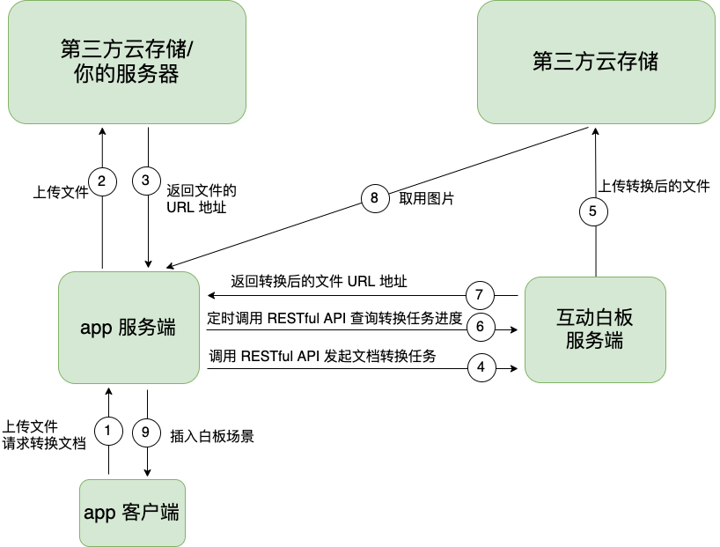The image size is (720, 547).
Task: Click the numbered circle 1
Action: point(107,432)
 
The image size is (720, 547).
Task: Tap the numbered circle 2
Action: point(102,182)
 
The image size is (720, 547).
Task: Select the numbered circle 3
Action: point(146,181)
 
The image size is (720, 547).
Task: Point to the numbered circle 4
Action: point(481,366)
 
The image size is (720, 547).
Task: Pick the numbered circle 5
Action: point(593,211)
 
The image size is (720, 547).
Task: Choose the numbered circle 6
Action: point(480,327)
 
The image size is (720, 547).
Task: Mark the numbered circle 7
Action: point(480,295)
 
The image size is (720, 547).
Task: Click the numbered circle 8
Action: point(374,198)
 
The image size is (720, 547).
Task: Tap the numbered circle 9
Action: point(146,432)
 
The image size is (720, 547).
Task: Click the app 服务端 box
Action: point(129,328)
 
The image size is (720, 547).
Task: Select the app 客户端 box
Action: point(132,513)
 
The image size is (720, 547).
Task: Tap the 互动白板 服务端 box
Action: point(595,329)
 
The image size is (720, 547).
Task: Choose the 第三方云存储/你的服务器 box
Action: point(127,62)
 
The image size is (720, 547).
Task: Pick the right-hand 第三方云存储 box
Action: point(596,62)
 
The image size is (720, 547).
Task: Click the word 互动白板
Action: point(595,318)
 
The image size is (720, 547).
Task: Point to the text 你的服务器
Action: point(127,75)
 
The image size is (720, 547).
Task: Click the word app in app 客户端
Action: point(99,513)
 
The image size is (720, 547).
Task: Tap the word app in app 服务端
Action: point(95,329)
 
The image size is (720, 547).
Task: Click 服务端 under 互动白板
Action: point(595,341)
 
